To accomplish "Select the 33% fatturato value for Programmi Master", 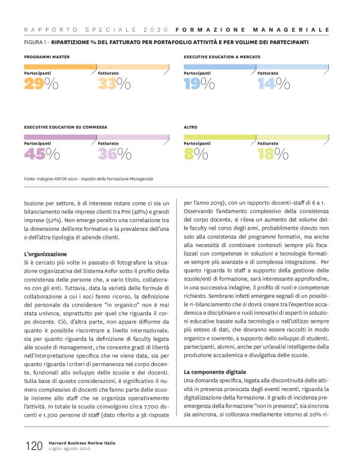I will tap(114, 83).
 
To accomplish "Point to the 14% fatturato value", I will tap(274, 83).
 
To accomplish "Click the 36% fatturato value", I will tap(115, 154).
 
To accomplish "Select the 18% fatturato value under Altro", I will tap(274, 154).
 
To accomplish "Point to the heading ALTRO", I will tap(191, 127).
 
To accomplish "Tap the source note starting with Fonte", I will tap(88, 179).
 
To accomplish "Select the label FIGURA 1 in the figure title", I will tap(36, 43).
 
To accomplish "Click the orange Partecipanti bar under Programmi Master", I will tap(59, 66).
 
